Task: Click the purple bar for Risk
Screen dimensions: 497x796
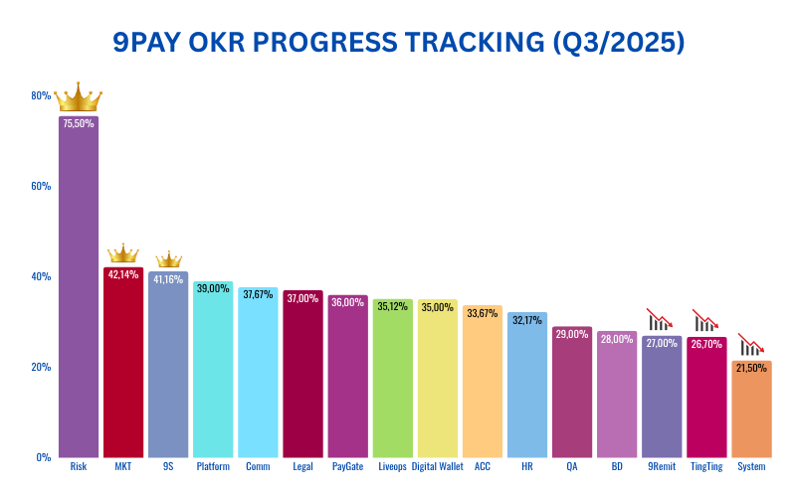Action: [x=79, y=288]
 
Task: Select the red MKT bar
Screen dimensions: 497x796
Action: [x=123, y=363]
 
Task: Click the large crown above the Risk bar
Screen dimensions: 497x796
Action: [x=79, y=97]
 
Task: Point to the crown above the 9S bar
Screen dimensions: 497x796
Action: [x=168, y=260]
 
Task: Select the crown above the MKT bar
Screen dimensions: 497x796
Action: [x=123, y=254]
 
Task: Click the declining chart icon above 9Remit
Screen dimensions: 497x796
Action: [x=661, y=318]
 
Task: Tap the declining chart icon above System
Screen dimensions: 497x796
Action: [x=751, y=344]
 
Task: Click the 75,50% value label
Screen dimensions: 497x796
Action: [x=79, y=123]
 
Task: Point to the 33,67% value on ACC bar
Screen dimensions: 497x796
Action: [x=483, y=313]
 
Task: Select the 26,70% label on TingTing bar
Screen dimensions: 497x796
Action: [x=706, y=345]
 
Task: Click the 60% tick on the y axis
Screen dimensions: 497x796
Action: [x=41, y=186]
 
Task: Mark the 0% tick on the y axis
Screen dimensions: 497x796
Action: [x=44, y=457]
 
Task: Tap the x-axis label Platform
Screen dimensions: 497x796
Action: [x=213, y=467]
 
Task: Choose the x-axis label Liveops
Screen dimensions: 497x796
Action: [x=392, y=467]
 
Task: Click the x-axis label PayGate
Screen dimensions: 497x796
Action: [x=347, y=467]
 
